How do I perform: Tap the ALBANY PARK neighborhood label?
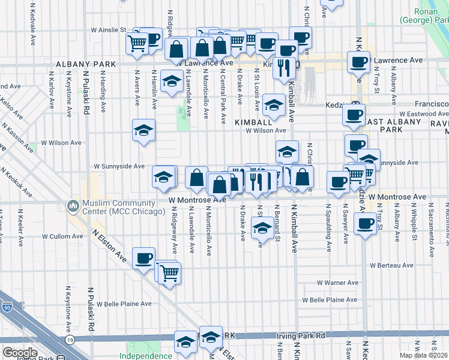click(81, 64)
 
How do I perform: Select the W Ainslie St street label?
click(109, 29)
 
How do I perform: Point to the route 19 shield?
click(71, 340)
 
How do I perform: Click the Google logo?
click(20, 353)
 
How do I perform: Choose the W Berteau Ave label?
click(393, 265)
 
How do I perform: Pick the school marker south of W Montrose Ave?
click(262, 227)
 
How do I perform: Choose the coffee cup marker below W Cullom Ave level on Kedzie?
click(364, 225)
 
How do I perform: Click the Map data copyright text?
click(424, 355)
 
